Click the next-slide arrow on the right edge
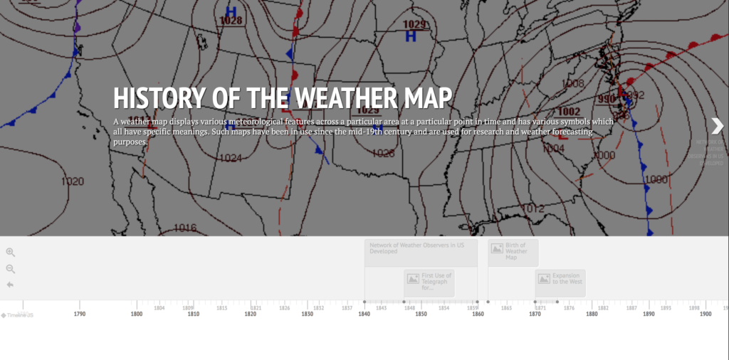tap(717, 126)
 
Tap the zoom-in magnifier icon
tap(11, 252)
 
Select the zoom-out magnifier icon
tap(11, 268)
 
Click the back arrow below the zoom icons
tap(11, 285)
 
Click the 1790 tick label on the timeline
tap(80, 314)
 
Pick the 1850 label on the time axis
tap(421, 314)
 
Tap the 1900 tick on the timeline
tap(706, 314)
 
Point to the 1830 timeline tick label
tap(308, 314)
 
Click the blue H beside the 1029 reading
tap(411, 36)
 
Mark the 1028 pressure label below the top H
tap(231, 21)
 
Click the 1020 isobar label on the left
tap(73, 181)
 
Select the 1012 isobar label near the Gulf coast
tap(533, 208)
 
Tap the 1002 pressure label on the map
tap(568, 112)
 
